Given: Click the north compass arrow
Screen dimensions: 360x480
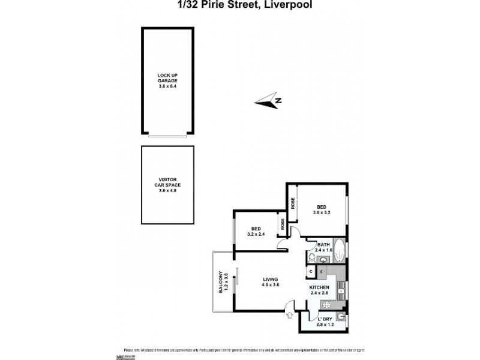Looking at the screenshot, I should pos(268,101).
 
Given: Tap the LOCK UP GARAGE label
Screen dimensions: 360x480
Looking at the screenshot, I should pos(167,80).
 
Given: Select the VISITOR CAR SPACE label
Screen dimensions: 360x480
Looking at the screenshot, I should pos(167,185).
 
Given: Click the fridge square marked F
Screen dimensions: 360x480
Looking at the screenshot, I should pos(322,272).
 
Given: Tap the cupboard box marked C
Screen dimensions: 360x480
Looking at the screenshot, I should pos(311,272).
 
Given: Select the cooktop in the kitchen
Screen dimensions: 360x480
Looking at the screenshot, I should pos(340,294).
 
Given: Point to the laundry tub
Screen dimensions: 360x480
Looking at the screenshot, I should pos(341,317).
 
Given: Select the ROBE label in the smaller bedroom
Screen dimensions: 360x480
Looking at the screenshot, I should pos(281,224).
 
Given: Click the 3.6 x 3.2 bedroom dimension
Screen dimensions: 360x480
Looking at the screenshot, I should pos(322,212).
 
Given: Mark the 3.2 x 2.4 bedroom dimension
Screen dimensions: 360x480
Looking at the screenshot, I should pos(256,235).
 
